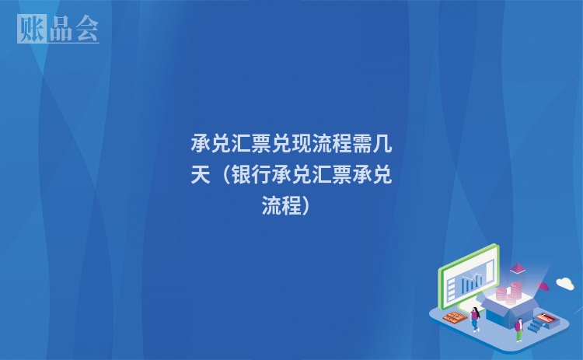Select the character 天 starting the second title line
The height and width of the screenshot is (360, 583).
[x=201, y=176]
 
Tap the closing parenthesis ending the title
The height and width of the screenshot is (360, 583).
[x=306, y=206]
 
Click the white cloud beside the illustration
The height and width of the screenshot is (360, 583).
[x=564, y=283]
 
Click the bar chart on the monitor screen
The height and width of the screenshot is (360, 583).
[x=472, y=281]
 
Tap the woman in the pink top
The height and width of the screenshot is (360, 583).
[x=474, y=316]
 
